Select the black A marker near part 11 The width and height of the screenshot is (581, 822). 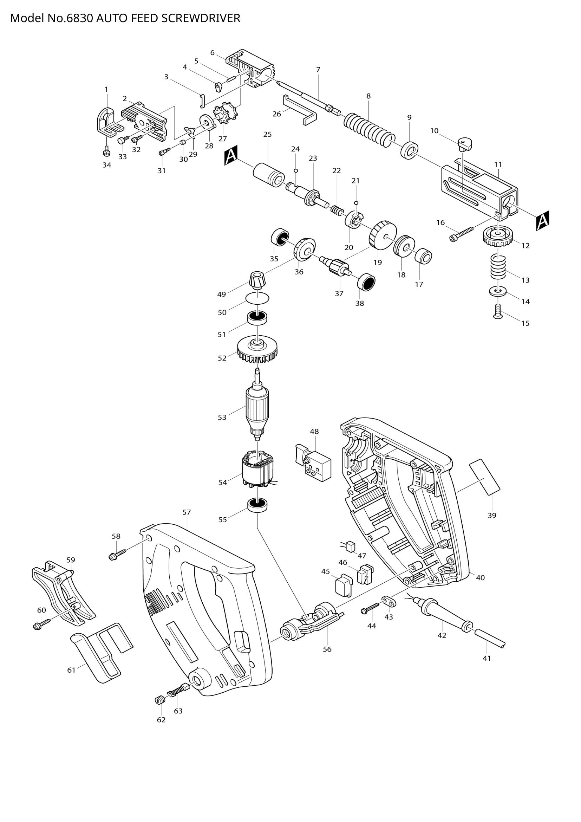click(x=543, y=221)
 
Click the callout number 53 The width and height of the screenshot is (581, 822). click(x=222, y=418)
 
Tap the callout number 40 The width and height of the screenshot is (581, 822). click(x=481, y=577)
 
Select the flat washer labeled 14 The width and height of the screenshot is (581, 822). click(x=497, y=291)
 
